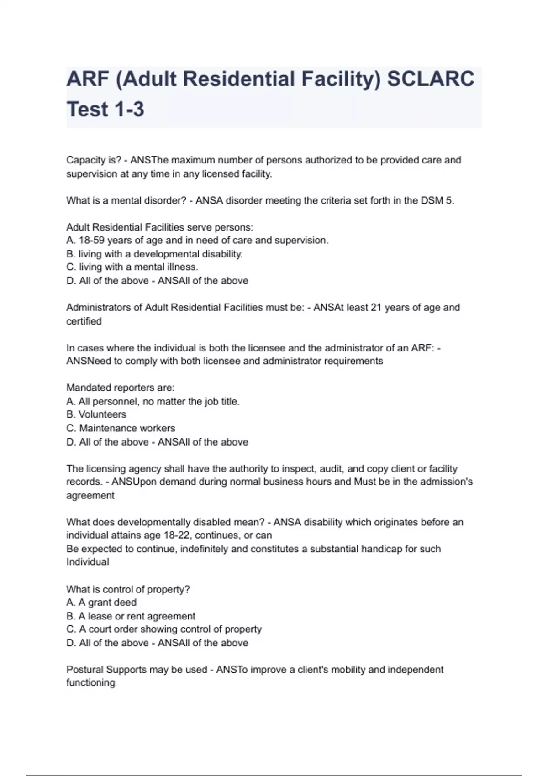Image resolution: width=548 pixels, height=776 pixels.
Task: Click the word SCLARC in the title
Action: click(431, 79)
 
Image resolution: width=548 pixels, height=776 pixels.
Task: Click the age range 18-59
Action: click(92, 241)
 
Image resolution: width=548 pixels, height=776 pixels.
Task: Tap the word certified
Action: click(84, 321)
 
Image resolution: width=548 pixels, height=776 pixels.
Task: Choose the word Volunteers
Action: click(103, 414)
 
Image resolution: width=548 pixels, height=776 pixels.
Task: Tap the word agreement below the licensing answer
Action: click(90, 496)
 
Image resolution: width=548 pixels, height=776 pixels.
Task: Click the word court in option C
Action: click(99, 629)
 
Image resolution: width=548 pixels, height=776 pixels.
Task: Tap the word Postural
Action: click(84, 670)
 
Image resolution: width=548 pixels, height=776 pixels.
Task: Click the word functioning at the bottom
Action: click(90, 683)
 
